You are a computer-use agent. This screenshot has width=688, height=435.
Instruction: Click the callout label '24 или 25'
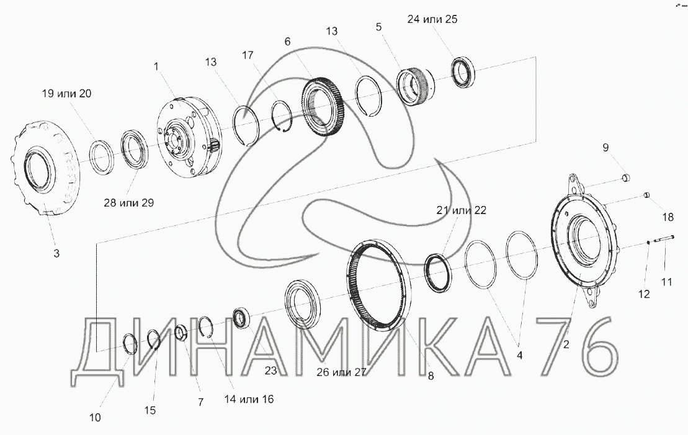point(432,19)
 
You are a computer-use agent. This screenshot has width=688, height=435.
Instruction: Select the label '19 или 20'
point(66,94)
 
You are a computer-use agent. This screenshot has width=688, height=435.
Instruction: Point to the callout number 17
point(248,55)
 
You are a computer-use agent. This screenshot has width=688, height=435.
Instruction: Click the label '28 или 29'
point(129,202)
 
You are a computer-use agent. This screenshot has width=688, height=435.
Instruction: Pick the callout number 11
point(666,282)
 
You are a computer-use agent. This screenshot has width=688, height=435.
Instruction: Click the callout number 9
point(605,147)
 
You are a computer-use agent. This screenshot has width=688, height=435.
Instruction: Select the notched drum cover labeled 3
point(43,168)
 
